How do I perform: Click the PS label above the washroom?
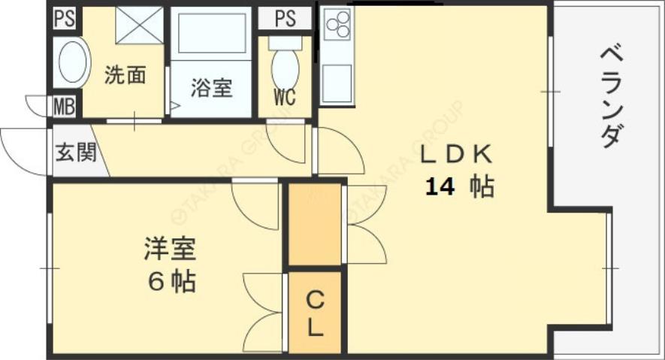point(65,18)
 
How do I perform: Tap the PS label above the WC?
point(285,18)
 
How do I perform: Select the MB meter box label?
point(64,106)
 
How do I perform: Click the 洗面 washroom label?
point(124,76)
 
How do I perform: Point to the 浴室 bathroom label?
point(210,88)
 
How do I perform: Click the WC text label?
point(284,97)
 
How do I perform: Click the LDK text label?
point(455,155)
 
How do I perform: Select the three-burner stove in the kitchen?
point(337,25)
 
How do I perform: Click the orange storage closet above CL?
point(316,223)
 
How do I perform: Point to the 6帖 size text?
point(171,282)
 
